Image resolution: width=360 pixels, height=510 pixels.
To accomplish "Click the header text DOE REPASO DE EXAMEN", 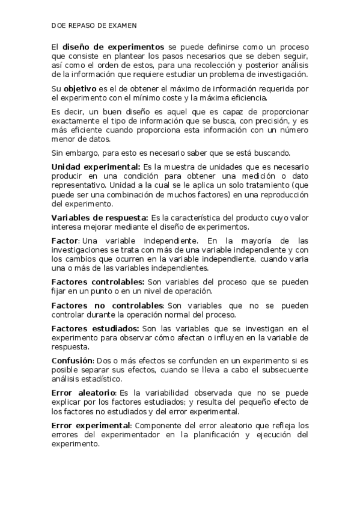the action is click(x=94, y=26).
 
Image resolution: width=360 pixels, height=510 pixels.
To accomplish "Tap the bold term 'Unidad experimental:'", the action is click(x=96, y=166).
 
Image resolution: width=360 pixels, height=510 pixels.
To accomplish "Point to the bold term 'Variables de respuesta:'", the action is click(x=100, y=217).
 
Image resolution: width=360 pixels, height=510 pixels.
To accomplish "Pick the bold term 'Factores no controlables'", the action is click(x=107, y=305).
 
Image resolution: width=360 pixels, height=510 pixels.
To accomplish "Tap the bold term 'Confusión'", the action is click(x=72, y=360).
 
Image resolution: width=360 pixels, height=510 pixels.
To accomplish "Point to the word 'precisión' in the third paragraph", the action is click(x=265, y=120).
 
